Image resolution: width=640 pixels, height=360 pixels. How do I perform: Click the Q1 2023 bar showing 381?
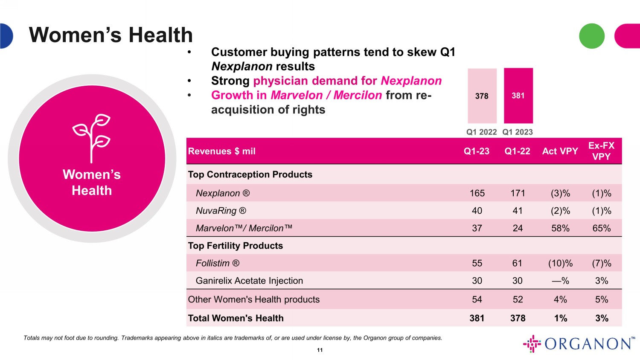518,96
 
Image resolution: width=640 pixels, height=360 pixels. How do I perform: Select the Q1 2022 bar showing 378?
482,96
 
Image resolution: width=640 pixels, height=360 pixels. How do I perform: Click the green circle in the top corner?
591,36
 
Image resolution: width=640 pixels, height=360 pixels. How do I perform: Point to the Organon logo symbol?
532,344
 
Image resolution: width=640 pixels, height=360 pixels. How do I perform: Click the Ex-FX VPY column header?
601,151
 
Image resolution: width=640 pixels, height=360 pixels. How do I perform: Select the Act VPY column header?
560,151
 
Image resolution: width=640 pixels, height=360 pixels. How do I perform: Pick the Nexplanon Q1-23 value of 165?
477,193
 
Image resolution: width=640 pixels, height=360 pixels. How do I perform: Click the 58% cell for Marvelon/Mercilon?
560,228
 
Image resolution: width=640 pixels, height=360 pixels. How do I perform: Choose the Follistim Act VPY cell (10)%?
560,263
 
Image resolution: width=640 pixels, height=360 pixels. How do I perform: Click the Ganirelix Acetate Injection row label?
249,281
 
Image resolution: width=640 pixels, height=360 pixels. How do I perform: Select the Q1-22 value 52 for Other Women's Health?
518,299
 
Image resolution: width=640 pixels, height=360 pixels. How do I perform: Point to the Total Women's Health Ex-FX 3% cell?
602,318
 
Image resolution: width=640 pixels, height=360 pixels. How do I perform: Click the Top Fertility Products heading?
235,246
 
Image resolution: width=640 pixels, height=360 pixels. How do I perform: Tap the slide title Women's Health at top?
111,35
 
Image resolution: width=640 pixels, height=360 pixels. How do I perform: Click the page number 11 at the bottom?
320,350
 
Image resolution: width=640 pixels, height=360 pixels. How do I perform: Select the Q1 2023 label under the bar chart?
518,132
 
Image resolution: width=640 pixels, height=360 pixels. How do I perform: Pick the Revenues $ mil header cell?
221,151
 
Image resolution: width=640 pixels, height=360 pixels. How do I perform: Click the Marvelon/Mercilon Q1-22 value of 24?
518,228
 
